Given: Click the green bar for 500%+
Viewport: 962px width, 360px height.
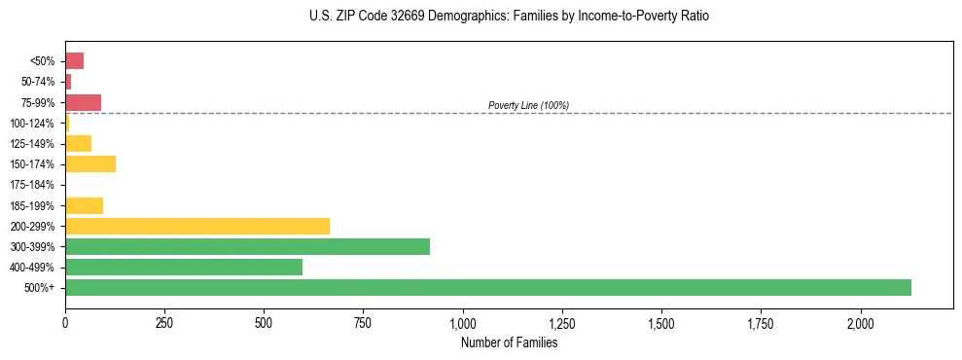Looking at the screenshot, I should (487, 287).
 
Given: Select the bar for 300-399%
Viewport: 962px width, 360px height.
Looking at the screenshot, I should (247, 246).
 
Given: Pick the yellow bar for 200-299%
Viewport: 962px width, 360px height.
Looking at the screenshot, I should (197, 226).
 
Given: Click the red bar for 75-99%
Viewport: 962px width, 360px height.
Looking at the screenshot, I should (83, 102).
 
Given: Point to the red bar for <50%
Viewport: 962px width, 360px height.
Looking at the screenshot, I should (74, 61).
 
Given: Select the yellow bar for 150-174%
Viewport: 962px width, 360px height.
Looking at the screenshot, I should (90, 163).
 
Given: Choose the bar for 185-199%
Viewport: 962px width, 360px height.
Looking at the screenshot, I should (84, 205).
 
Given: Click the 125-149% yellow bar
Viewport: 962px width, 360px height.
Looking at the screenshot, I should (78, 143).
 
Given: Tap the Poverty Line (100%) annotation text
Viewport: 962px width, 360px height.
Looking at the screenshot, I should (528, 105).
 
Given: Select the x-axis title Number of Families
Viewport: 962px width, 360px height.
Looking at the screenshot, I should (509, 342).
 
